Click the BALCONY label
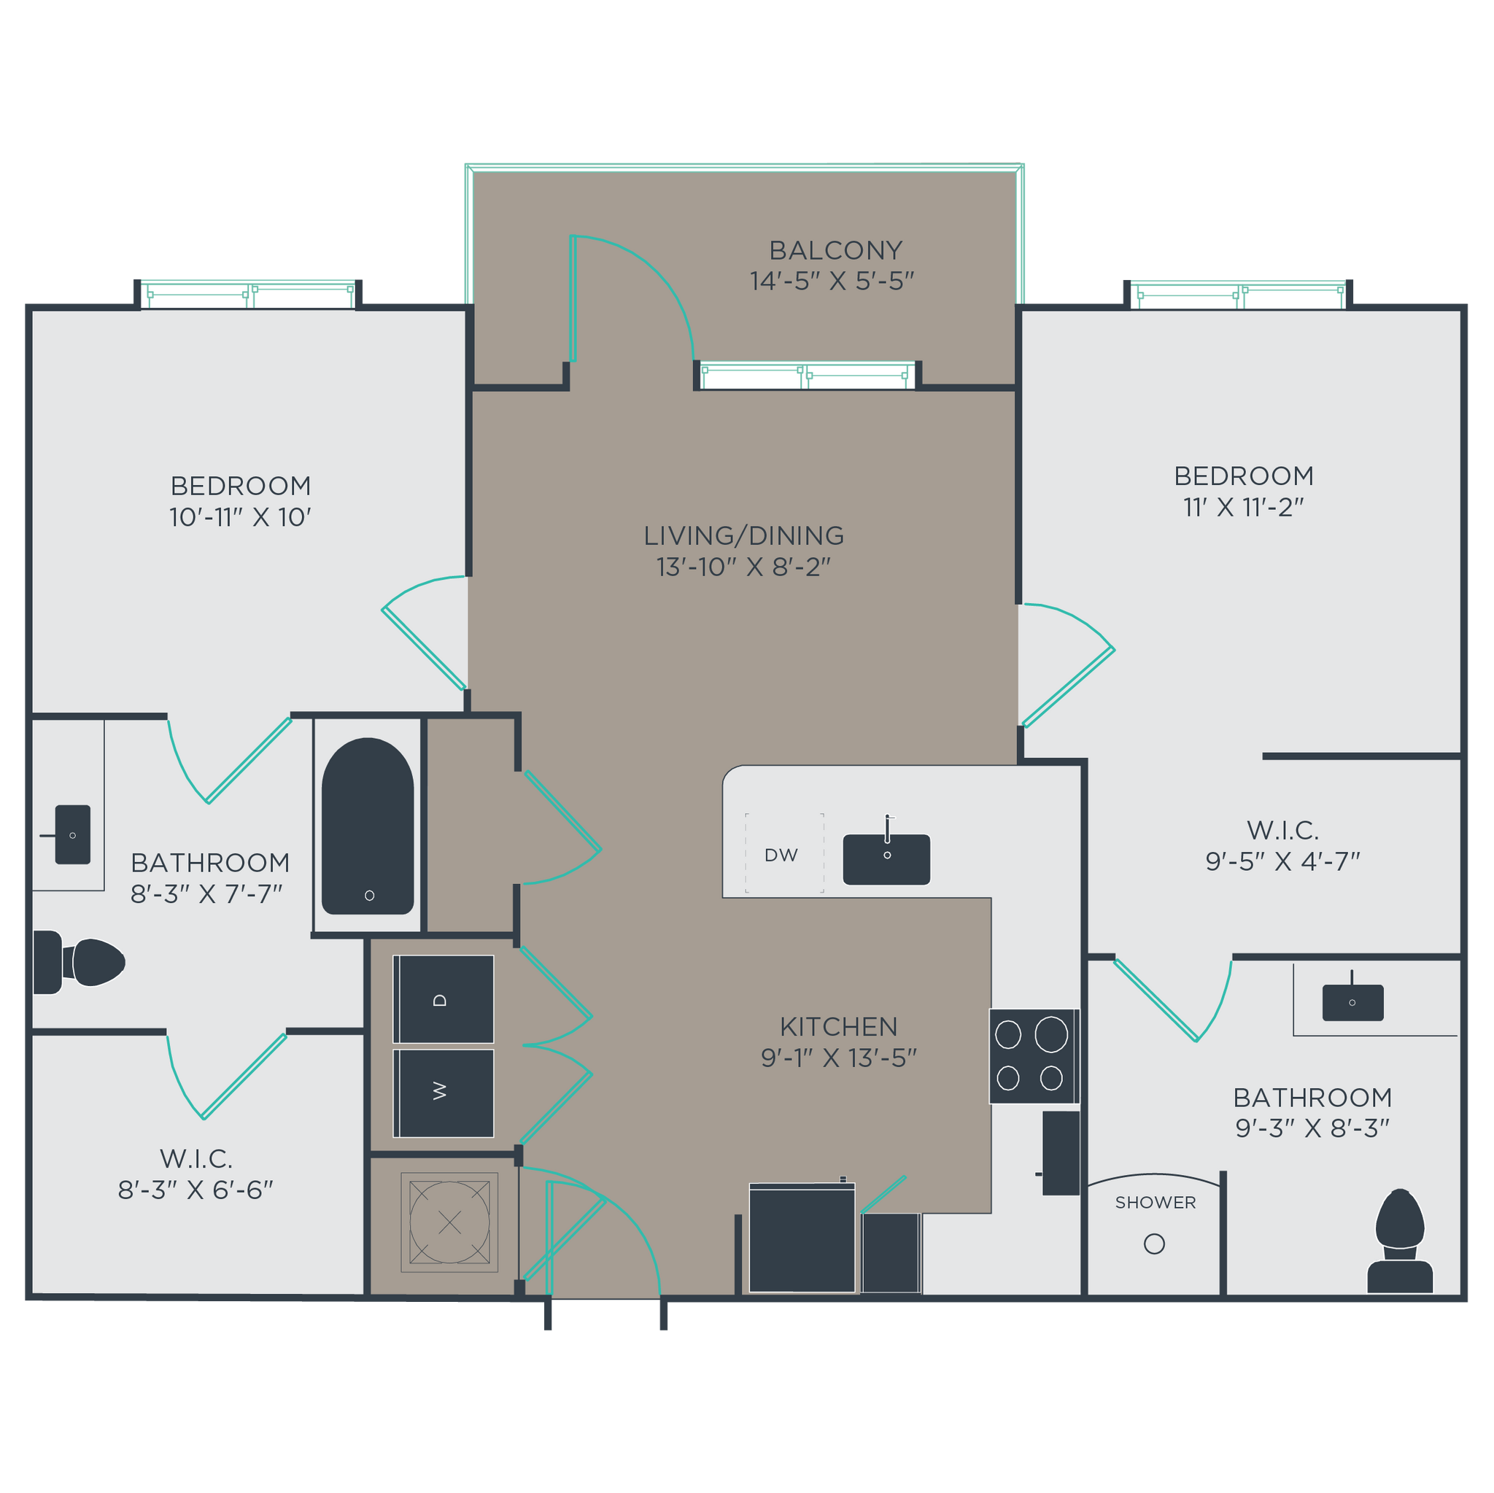(835, 250)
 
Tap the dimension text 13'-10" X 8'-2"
(743, 567)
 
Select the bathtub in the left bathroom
(368, 826)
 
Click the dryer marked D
(443, 999)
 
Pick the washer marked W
(443, 1093)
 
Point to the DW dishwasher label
(781, 854)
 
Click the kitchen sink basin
(886, 859)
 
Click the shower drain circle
(1154, 1244)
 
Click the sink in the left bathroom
(73, 835)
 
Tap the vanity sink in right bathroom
(1352, 1003)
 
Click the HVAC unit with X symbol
(449, 1222)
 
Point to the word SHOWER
(1156, 1202)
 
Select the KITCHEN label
(838, 1026)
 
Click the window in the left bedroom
(248, 295)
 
